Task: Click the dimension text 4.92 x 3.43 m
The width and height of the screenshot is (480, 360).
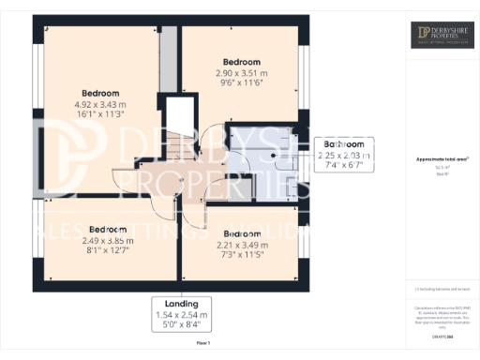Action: coord(100,105)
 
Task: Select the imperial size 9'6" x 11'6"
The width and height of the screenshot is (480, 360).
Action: coord(241,82)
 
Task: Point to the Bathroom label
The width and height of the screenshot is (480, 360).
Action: coord(344,143)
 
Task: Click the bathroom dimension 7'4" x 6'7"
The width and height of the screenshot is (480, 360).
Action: coord(344,165)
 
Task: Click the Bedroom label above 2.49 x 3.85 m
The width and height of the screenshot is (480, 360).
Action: coord(108,229)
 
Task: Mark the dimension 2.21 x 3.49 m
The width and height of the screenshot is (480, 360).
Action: coord(241,245)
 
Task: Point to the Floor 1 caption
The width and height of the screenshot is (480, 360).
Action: coord(202,344)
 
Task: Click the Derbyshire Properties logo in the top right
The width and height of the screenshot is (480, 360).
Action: coord(442,36)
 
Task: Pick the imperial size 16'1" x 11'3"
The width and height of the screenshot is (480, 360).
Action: coord(100,115)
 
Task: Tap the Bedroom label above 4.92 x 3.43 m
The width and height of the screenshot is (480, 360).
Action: coord(100,93)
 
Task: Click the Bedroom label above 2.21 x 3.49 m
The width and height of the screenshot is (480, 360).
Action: coord(241,233)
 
